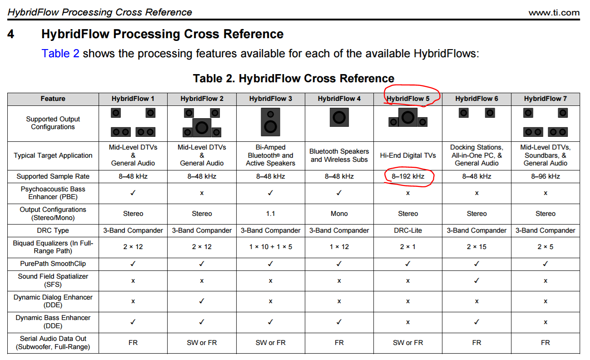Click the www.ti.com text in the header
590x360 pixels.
click(x=554, y=12)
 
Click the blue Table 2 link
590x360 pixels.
click(x=60, y=54)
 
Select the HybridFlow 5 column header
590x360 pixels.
click(x=408, y=99)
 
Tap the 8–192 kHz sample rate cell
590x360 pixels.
click(x=408, y=176)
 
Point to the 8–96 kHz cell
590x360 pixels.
click(x=545, y=176)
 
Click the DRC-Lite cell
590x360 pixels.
click(x=408, y=230)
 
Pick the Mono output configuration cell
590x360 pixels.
click(x=339, y=214)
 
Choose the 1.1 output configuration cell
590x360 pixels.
click(x=271, y=214)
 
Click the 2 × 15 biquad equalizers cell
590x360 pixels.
click(x=476, y=247)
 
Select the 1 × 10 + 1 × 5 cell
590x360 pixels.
click(x=271, y=247)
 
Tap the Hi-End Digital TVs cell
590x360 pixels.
click(x=408, y=155)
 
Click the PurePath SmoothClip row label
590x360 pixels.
click(x=53, y=264)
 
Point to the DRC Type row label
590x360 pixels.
click(x=53, y=230)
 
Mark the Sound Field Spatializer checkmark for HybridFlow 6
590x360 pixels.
click(x=476, y=280)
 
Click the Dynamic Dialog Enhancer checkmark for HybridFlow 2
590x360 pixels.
click(x=202, y=301)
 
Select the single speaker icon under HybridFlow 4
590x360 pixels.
click(x=339, y=117)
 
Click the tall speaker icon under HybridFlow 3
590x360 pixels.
click(x=271, y=122)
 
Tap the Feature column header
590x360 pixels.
click(x=53, y=99)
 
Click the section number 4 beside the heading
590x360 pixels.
click(x=10, y=34)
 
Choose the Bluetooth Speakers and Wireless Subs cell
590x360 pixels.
click(x=339, y=155)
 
